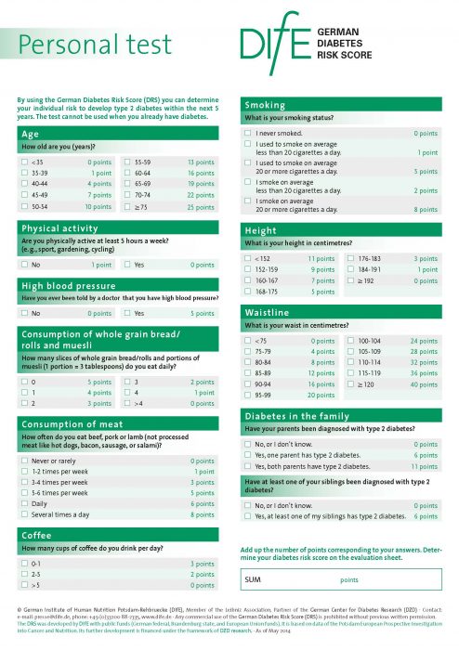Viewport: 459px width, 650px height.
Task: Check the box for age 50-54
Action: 24,206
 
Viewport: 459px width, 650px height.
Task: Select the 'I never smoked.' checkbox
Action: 248,134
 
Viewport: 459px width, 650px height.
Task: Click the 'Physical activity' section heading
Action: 60,227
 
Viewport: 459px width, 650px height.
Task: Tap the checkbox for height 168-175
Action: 248,292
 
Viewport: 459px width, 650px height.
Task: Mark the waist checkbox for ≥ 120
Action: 351,384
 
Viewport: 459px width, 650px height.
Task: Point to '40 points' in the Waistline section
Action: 423,384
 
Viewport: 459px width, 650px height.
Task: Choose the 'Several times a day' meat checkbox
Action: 24,513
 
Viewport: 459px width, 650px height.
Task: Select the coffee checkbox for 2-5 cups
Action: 24,575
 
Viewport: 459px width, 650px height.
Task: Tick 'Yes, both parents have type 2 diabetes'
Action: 248,467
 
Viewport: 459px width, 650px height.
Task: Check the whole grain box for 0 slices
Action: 24,382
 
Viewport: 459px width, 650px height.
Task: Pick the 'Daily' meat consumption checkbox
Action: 24,503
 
